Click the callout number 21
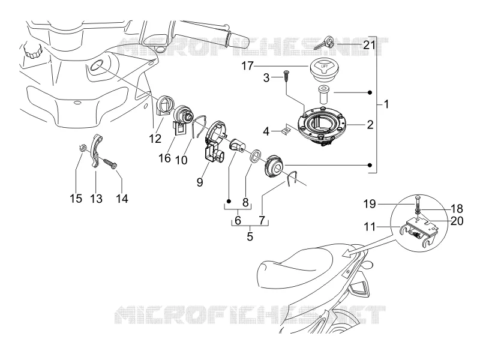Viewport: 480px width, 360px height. coord(369,46)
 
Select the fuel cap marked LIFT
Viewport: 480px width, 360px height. coord(324,71)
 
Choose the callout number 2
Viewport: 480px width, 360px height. coord(370,125)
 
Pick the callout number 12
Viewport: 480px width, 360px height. coord(155,139)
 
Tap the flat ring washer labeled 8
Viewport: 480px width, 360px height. coord(256,155)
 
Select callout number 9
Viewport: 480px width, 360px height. coord(200,182)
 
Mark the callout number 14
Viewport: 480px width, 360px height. coord(122,199)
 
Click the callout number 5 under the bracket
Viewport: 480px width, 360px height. coord(250,236)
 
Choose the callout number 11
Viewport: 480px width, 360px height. coord(370,227)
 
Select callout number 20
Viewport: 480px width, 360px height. coord(457,221)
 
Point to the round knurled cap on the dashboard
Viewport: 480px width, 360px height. coord(33,51)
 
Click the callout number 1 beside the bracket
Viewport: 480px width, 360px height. coord(386,104)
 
